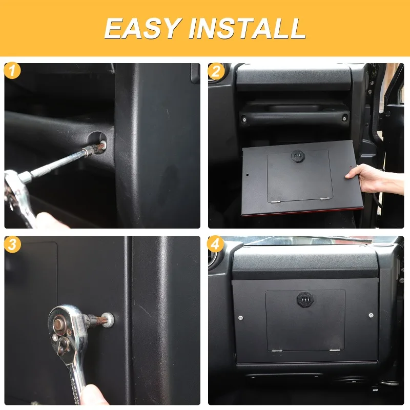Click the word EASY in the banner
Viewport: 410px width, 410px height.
coord(143,28)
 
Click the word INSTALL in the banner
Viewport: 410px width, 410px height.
coord(247,28)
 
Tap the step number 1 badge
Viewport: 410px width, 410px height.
coord(12,71)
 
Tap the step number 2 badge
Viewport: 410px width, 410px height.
coord(216,71)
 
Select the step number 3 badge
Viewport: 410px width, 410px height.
coord(12,244)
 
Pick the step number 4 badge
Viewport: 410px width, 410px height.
coord(215,244)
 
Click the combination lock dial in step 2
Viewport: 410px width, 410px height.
coord(298,156)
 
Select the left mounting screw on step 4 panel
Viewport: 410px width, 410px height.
coord(240,318)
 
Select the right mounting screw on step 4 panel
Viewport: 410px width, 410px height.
coord(371,315)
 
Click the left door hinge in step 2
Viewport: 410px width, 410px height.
coord(276,201)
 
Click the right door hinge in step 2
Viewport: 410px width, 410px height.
coord(325,199)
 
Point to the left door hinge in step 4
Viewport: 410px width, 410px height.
coord(277,351)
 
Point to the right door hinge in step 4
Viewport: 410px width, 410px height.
coord(335,350)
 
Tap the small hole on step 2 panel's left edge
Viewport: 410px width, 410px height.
coord(248,175)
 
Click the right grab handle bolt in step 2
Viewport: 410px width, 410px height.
coord(344,119)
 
